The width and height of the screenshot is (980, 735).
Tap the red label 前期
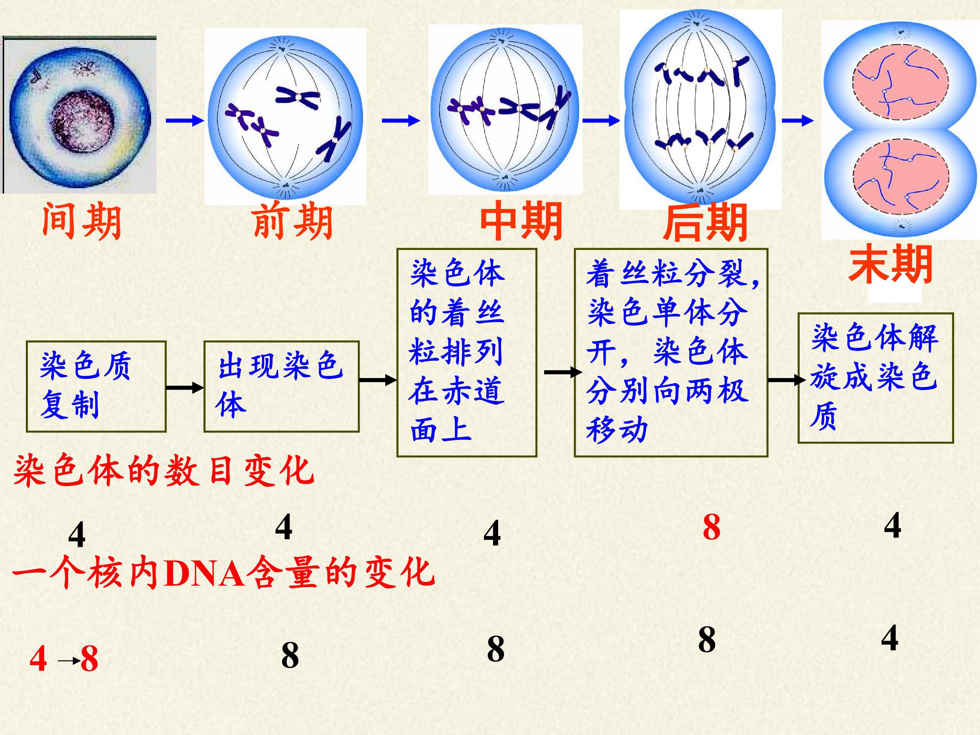click(292, 220)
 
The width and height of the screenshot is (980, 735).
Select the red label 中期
click(521, 220)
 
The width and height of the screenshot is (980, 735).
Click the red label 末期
click(891, 264)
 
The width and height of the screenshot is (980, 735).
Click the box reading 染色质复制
click(96, 386)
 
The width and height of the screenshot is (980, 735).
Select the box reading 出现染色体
click(281, 386)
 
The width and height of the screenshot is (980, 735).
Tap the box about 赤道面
click(467, 353)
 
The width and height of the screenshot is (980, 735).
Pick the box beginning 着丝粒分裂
click(671, 353)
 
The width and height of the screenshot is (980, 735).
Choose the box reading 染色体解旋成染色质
click(876, 378)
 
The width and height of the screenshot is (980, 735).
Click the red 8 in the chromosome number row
click(712, 527)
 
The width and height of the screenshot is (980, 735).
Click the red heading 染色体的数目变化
click(164, 471)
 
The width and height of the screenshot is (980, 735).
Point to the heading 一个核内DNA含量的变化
click(224, 573)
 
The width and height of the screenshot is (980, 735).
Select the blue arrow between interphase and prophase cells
click(185, 120)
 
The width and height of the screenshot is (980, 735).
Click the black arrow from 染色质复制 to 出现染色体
click(185, 388)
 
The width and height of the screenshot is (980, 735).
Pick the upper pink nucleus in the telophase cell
click(900, 82)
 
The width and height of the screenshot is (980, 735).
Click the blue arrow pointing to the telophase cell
click(798, 120)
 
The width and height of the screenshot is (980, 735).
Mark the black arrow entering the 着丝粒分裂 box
click(563, 372)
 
